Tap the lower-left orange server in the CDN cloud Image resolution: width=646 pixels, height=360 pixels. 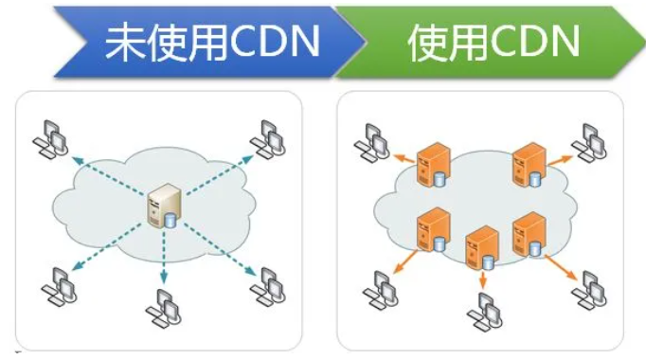pos(433,228)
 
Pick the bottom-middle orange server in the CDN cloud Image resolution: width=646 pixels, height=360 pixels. pos(481,245)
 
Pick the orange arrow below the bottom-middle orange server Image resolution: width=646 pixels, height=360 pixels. pos(484,278)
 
